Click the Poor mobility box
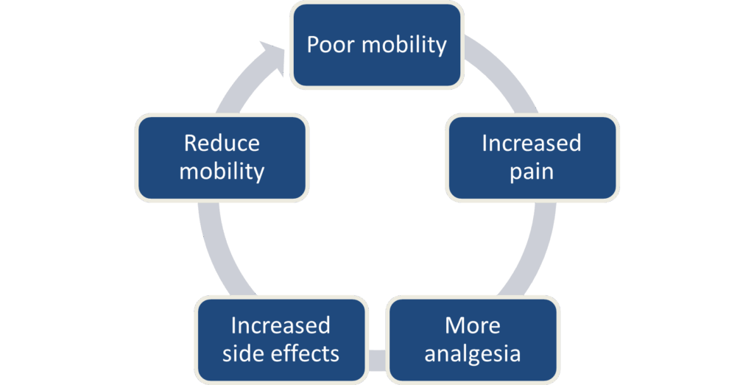(377, 44)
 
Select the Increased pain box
(532, 157)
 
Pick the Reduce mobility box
(222, 157)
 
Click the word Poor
(328, 44)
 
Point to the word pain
(532, 172)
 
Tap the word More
(472, 325)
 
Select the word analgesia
(472, 353)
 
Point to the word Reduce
(222, 142)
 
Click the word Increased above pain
(532, 142)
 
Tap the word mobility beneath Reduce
(222, 172)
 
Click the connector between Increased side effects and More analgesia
(377, 360)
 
